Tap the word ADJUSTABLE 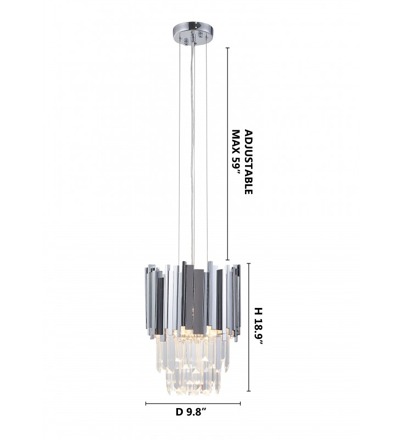(248, 162)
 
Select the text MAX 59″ (237, 152)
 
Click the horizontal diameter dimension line (193, 404)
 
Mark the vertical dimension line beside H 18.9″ (248, 327)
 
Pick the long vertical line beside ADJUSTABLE (227, 154)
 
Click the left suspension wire (179, 152)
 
